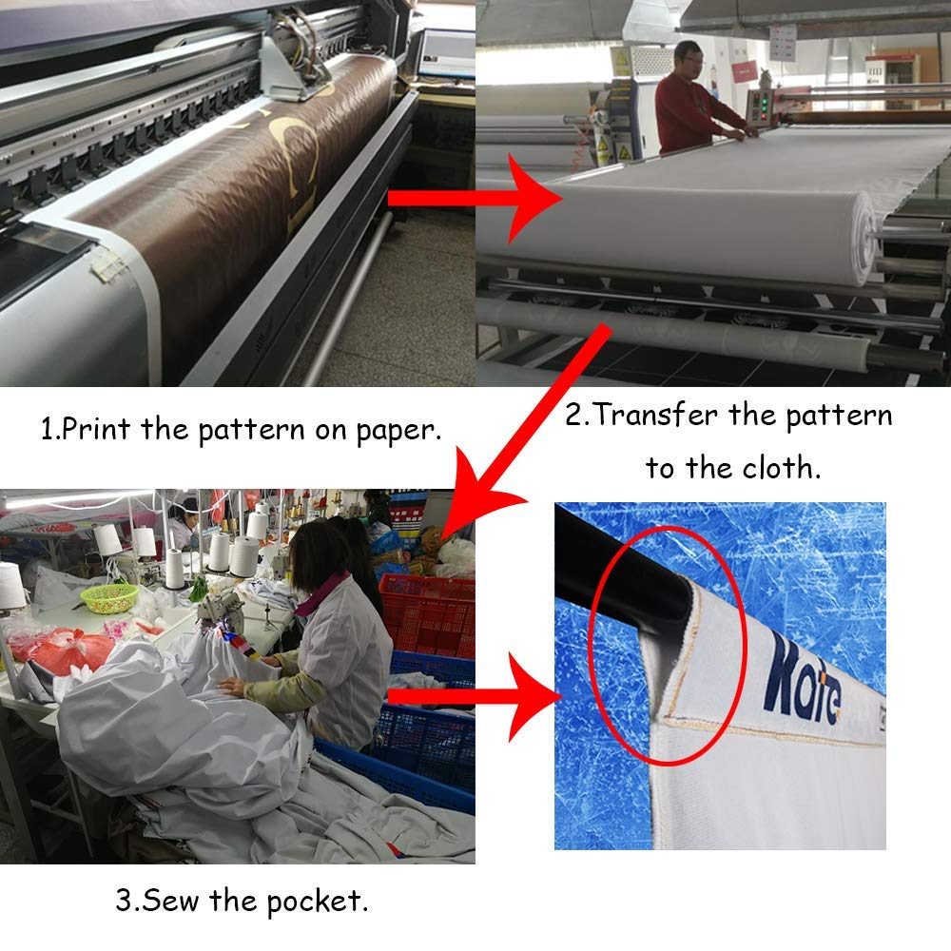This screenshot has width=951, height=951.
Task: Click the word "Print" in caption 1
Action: click(96, 429)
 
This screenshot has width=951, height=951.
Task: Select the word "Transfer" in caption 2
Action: click(656, 415)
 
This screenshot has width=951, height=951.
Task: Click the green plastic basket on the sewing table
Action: click(109, 597)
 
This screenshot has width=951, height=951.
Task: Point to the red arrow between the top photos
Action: click(475, 199)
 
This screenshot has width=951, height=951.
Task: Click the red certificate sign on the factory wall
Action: click(745, 71)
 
